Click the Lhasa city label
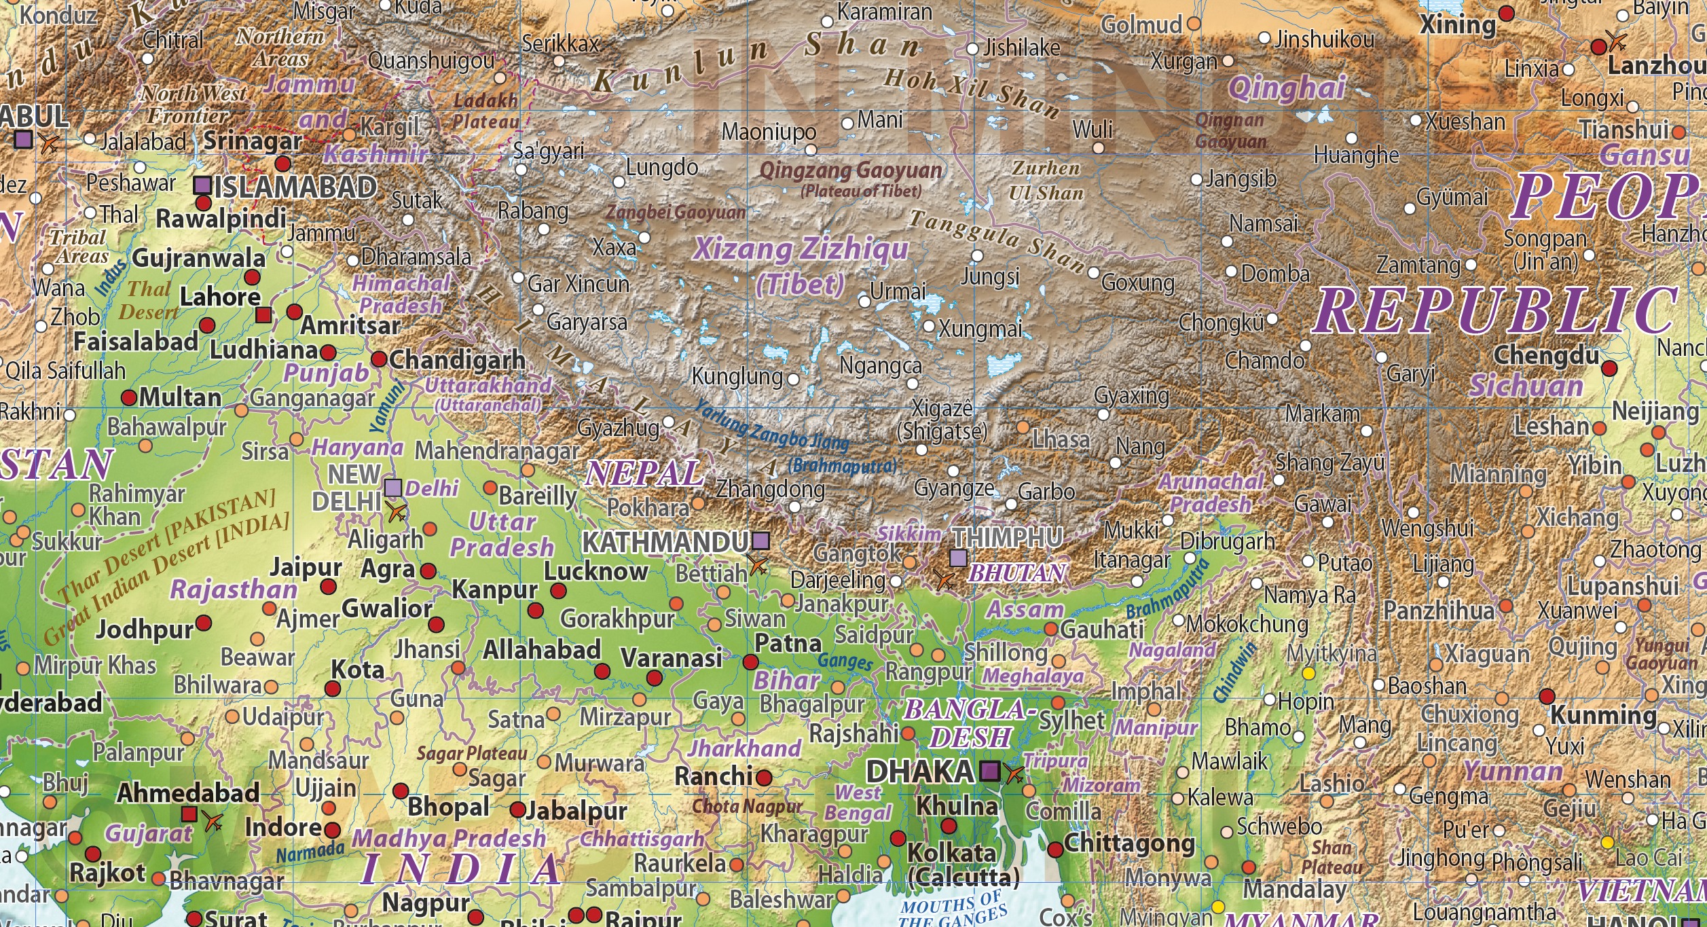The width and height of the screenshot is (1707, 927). pyautogui.click(x=1061, y=439)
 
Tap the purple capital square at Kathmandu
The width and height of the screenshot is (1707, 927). pyautogui.click(x=761, y=541)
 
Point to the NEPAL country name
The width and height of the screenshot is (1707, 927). pyautogui.click(x=643, y=473)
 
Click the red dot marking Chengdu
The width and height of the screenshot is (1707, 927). pyautogui.click(x=1609, y=369)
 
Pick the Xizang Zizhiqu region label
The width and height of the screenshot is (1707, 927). pyautogui.click(x=801, y=249)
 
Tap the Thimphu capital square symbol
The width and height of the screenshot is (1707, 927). pyautogui.click(x=958, y=558)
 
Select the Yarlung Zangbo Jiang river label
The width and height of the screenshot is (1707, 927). pyautogui.click(x=772, y=424)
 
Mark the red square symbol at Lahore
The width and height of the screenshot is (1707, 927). pyautogui.click(x=263, y=315)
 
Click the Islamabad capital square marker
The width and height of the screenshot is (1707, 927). pyautogui.click(x=202, y=185)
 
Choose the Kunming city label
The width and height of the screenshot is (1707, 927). pyautogui.click(x=1603, y=715)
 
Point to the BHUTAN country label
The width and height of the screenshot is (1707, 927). pyautogui.click(x=1016, y=573)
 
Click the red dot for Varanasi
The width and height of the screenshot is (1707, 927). pyautogui.click(x=654, y=678)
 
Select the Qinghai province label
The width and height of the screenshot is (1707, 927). pyautogui.click(x=1287, y=88)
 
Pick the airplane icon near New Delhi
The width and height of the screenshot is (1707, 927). pyautogui.click(x=397, y=513)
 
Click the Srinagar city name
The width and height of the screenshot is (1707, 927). pyautogui.click(x=253, y=141)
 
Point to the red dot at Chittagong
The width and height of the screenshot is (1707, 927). pyautogui.click(x=1055, y=849)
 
